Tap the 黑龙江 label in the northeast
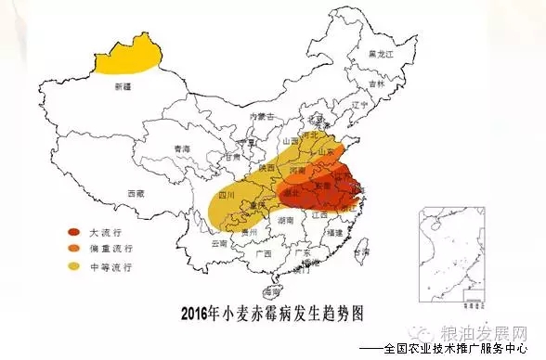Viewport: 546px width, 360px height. (381, 56)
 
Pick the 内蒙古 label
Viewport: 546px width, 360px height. (263, 116)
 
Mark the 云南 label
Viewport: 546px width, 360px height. (218, 243)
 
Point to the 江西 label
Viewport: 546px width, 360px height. (318, 214)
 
